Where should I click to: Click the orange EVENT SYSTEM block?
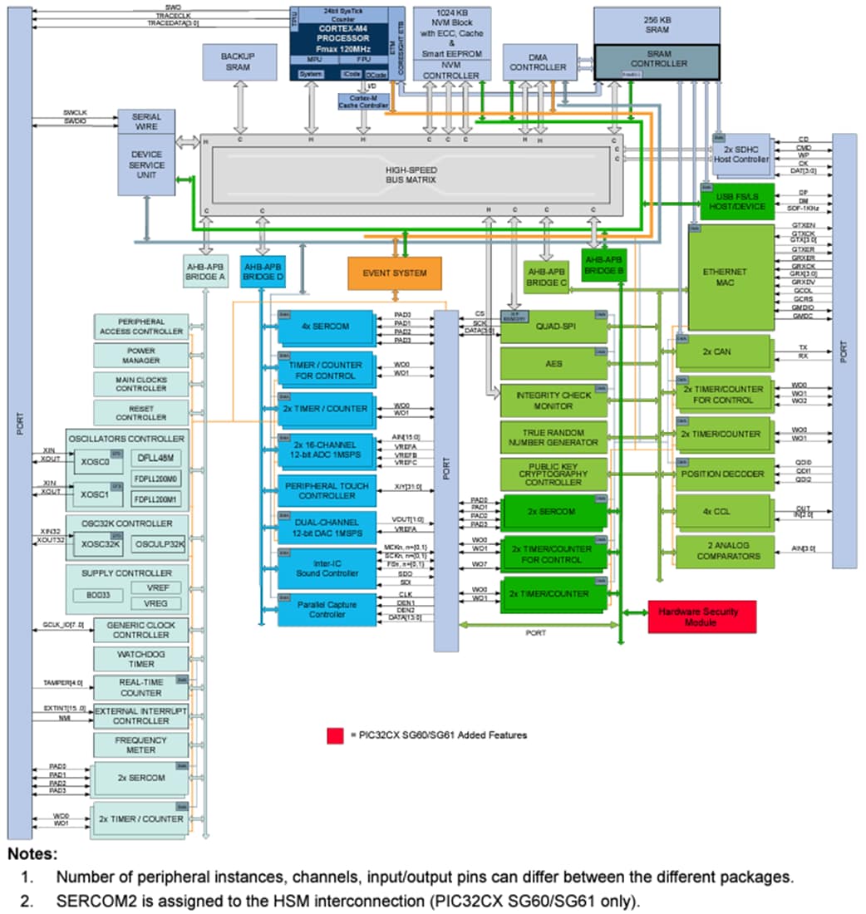pyautogui.click(x=394, y=273)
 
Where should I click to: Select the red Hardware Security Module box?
pyautogui.click(x=702, y=617)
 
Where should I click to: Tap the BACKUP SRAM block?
pyautogui.click(x=239, y=61)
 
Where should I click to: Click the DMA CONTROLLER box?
pyautogui.click(x=538, y=62)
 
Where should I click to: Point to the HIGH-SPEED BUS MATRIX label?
pyautogui.click(x=411, y=174)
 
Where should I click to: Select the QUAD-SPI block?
pyautogui.click(x=554, y=327)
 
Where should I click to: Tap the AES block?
pyautogui.click(x=554, y=363)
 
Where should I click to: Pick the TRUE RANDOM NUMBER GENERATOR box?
pyautogui.click(x=554, y=437)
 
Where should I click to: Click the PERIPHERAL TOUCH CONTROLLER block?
pyautogui.click(x=327, y=490)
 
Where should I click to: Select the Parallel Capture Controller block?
pyautogui.click(x=327, y=609)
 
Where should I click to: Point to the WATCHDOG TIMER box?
pyautogui.click(x=140, y=659)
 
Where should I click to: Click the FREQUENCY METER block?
pyautogui.click(x=140, y=744)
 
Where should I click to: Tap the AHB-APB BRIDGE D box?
pyautogui.click(x=263, y=271)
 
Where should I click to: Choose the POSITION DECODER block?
pyautogui.click(x=722, y=474)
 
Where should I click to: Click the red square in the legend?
pyautogui.click(x=335, y=735)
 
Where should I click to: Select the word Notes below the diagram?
pyautogui.click(x=33, y=854)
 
